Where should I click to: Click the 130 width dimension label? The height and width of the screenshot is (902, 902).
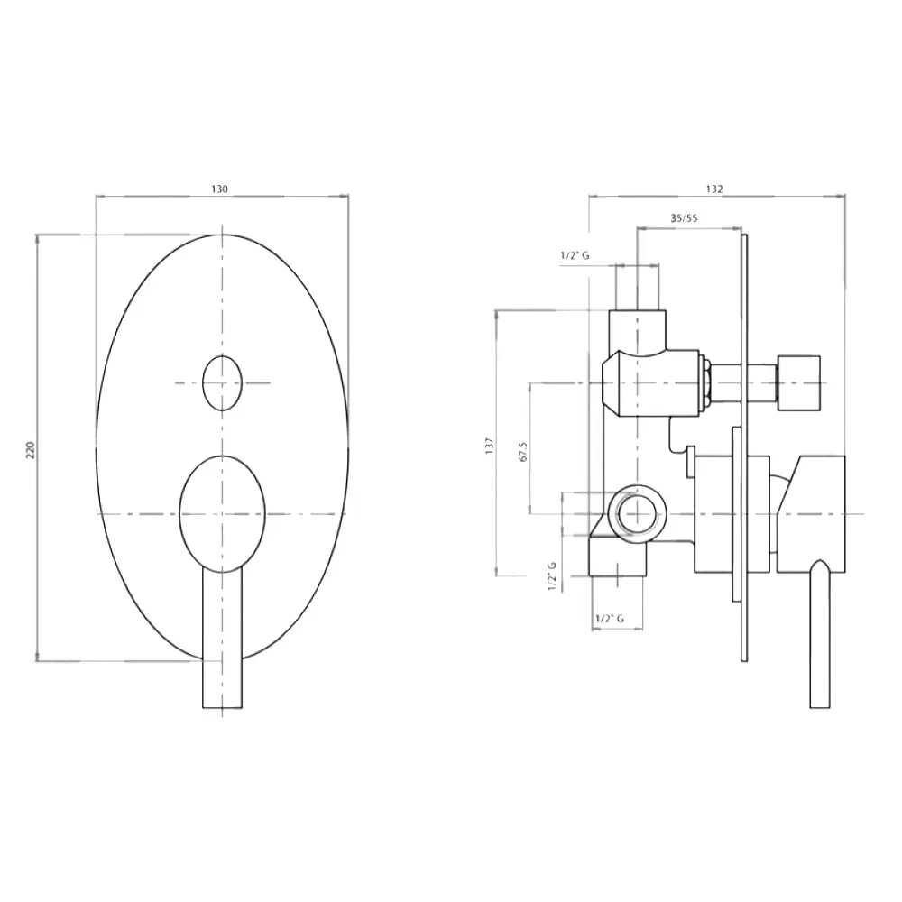[220, 189]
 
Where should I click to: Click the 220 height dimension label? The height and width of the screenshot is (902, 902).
[31, 450]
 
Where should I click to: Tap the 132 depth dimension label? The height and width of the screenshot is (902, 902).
[713, 189]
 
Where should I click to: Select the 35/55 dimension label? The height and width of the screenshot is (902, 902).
[684, 218]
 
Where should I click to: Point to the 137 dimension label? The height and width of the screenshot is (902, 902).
[490, 446]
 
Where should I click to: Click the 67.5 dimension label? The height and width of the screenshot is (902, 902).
[523, 452]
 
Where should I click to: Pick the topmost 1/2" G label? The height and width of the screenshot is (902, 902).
[575, 255]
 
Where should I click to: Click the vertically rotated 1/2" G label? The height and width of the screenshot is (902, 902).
[553, 575]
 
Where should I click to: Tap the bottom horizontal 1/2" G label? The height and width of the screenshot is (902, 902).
[610, 619]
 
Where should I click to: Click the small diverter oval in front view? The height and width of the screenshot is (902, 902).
[222, 383]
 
